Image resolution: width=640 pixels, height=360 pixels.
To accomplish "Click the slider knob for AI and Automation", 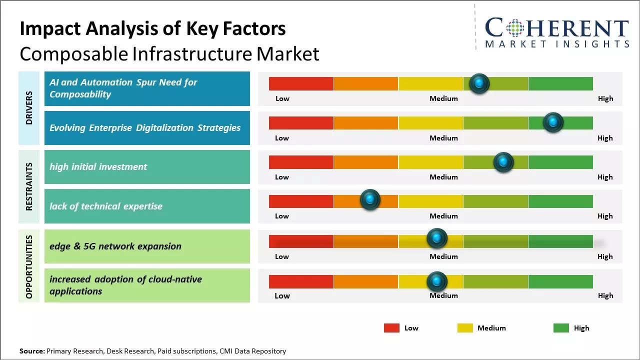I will tap(479, 83).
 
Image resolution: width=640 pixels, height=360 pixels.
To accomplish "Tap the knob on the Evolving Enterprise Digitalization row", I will tap(553, 122).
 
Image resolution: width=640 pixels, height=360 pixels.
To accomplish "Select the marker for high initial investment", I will tap(503, 162).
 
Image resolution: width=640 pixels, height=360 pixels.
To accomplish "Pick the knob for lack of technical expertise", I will tap(370, 199).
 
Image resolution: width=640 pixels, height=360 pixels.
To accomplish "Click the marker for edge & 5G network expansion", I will tap(436, 238).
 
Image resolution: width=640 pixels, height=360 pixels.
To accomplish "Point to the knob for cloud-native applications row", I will tap(436, 281).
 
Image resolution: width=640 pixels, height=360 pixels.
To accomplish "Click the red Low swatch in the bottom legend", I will tap(391, 328).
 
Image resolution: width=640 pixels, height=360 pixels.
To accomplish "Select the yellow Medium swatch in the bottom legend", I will tap(465, 328).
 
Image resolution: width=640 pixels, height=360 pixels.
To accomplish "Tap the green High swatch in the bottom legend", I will tap(561, 328).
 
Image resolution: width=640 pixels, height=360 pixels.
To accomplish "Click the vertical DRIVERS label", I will tap(29, 108).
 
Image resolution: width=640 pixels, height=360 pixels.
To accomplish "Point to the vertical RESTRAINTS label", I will tap(29, 186).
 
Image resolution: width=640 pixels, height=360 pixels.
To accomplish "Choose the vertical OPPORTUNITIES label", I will tap(29, 266).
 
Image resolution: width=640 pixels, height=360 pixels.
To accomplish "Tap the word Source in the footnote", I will tap(31, 351).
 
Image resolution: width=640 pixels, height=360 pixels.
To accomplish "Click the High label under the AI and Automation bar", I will tap(605, 98).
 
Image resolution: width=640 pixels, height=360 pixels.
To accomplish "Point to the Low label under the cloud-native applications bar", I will tap(282, 295).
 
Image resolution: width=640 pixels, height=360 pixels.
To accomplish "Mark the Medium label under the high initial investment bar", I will tap(443, 177).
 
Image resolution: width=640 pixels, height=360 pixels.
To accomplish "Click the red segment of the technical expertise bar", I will tap(301, 201).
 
